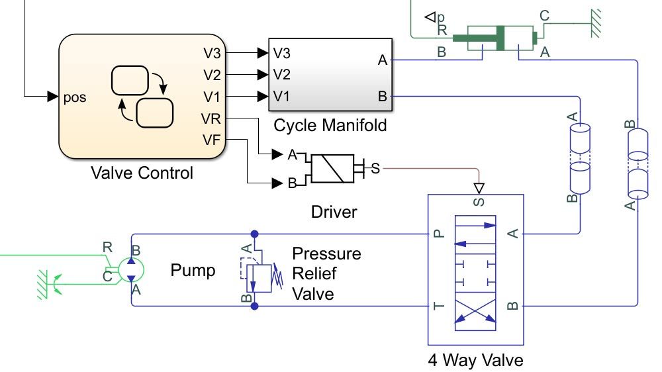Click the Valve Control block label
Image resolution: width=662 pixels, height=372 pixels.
[x=142, y=173]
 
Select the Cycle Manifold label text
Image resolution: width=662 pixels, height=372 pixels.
[x=330, y=124]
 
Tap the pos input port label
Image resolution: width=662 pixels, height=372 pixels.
[x=75, y=98]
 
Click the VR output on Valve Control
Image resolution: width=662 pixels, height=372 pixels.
[x=213, y=118]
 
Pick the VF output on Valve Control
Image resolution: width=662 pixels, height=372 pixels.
[x=213, y=139]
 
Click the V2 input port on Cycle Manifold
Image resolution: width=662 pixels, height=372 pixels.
[x=281, y=74]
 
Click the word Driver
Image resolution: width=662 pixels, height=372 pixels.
[x=334, y=212]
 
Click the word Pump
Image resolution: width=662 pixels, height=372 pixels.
[x=193, y=270]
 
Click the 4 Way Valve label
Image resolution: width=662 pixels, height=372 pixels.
[x=475, y=361]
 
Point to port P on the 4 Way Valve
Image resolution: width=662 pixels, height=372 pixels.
[x=437, y=233]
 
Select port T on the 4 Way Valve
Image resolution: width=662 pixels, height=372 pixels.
[x=437, y=305]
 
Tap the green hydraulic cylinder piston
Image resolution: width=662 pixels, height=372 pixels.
[x=500, y=36]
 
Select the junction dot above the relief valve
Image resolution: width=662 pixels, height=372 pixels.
[x=254, y=234]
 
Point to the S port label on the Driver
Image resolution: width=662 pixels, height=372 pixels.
[x=375, y=168]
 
